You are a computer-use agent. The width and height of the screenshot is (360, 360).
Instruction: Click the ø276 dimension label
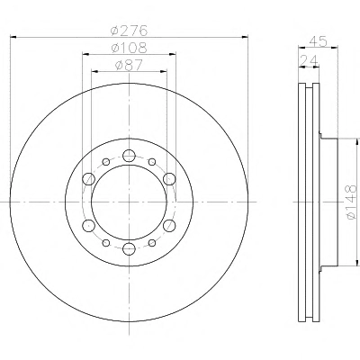pyautogui.click(x=130, y=31)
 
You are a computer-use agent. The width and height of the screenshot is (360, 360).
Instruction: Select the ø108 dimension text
pyautogui.click(x=130, y=48)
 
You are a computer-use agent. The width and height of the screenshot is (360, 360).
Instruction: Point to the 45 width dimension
pyautogui.click(x=319, y=41)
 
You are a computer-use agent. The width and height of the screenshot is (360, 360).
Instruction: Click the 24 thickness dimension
pyautogui.click(x=309, y=61)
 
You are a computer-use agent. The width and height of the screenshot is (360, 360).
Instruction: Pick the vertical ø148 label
pyautogui.click(x=351, y=202)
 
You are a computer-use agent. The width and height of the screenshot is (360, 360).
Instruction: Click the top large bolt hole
pyautogui.click(x=129, y=156)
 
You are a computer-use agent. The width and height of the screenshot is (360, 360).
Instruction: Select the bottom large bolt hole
pyautogui.click(x=129, y=248)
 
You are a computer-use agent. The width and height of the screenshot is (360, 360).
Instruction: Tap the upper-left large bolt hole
pyautogui.click(x=89, y=179)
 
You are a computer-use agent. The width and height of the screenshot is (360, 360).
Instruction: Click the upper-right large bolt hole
pyautogui.click(x=169, y=179)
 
